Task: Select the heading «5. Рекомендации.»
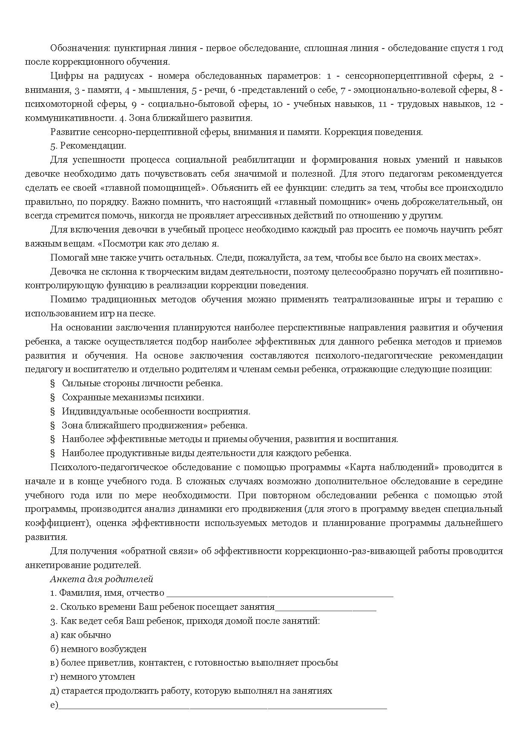click(x=88, y=146)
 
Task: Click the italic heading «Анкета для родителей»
click(x=101, y=579)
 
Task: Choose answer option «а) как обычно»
click(x=80, y=635)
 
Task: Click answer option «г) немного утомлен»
click(x=92, y=677)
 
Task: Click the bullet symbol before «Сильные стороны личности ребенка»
click(x=53, y=383)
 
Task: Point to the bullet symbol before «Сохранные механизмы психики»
click(x=53, y=397)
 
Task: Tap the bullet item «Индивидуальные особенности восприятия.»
click(x=156, y=411)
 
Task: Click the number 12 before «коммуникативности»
click(x=491, y=104)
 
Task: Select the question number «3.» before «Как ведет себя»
click(x=54, y=621)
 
